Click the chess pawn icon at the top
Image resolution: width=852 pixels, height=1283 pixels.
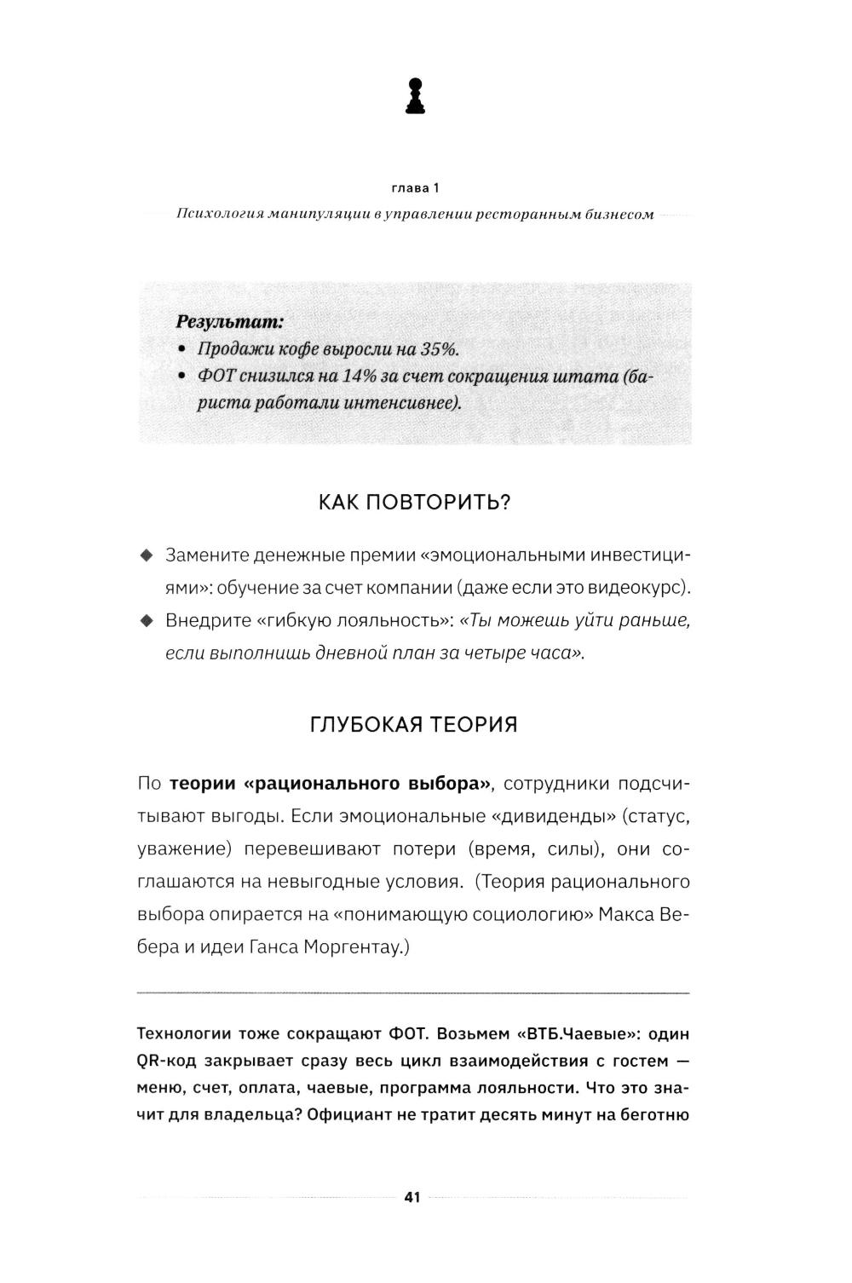click(414, 96)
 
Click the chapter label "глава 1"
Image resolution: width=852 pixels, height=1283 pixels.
click(414, 187)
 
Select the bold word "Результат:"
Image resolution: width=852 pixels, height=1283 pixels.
click(228, 322)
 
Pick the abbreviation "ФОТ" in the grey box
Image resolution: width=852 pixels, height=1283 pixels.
click(217, 376)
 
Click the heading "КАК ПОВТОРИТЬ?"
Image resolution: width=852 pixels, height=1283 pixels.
click(414, 502)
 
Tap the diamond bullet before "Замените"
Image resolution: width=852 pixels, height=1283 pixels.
click(146, 555)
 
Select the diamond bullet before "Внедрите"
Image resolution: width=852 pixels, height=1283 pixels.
click(146, 620)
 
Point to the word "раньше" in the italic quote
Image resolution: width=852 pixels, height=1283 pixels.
click(657, 620)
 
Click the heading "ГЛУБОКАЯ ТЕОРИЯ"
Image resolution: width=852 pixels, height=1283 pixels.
click(414, 725)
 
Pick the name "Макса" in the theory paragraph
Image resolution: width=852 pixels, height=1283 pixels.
click(626, 915)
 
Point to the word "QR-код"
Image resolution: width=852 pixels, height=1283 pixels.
click(164, 1061)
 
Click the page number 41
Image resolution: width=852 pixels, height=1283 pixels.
click(412, 1197)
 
